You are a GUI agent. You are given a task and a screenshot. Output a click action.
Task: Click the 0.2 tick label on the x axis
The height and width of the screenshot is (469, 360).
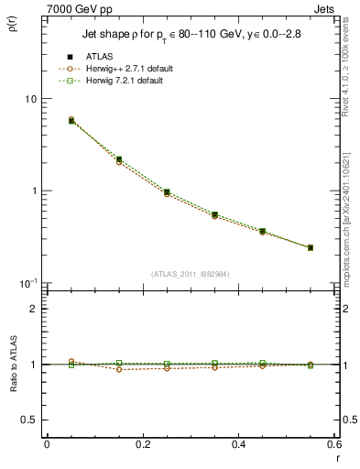pyautogui.click(x=142, y=444)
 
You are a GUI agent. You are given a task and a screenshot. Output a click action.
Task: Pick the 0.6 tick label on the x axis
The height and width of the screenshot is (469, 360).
pyautogui.click(x=333, y=444)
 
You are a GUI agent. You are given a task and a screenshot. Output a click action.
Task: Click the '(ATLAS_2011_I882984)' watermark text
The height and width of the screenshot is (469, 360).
pyautogui.click(x=191, y=274)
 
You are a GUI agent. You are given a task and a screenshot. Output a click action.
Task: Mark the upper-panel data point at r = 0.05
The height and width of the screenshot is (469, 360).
pyautogui.click(x=71, y=120)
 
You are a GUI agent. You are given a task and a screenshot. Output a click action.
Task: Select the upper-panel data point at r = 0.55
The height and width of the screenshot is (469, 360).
pyautogui.click(x=311, y=247)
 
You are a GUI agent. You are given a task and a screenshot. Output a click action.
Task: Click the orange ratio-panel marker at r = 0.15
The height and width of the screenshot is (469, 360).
pyautogui.click(x=119, y=369)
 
